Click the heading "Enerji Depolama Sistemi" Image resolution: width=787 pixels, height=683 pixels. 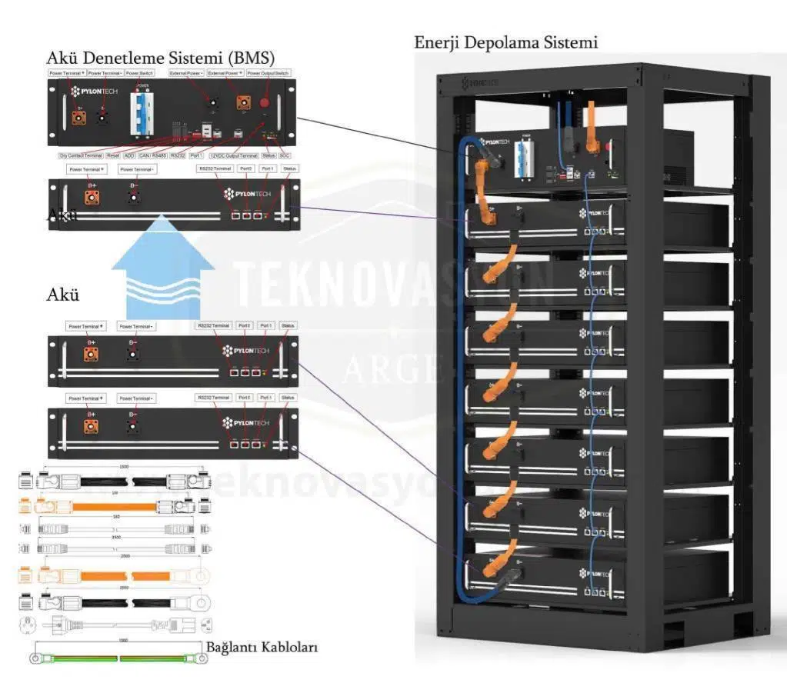coord(505,42)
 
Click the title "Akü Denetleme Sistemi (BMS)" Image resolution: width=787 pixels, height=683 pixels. coord(161,58)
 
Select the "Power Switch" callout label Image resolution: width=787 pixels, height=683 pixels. coord(140,73)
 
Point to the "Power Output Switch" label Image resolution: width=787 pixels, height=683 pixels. coord(268,73)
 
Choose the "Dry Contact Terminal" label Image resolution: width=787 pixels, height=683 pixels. coord(81,155)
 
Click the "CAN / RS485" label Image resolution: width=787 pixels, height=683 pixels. coord(152,155)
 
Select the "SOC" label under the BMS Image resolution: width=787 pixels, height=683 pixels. coord(285,155)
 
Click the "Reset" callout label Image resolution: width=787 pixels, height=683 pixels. coord(112,155)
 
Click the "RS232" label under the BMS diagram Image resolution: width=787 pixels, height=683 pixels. coord(178,155)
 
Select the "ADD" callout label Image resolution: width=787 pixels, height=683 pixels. coord(129,155)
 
